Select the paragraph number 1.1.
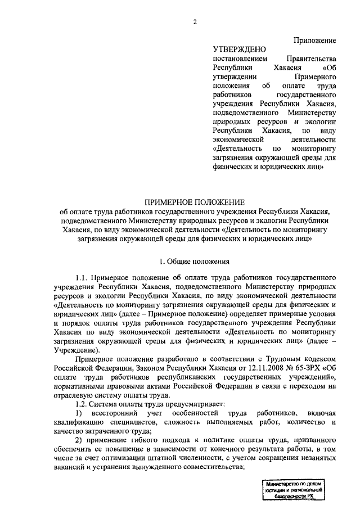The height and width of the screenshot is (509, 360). pos(82,278)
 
